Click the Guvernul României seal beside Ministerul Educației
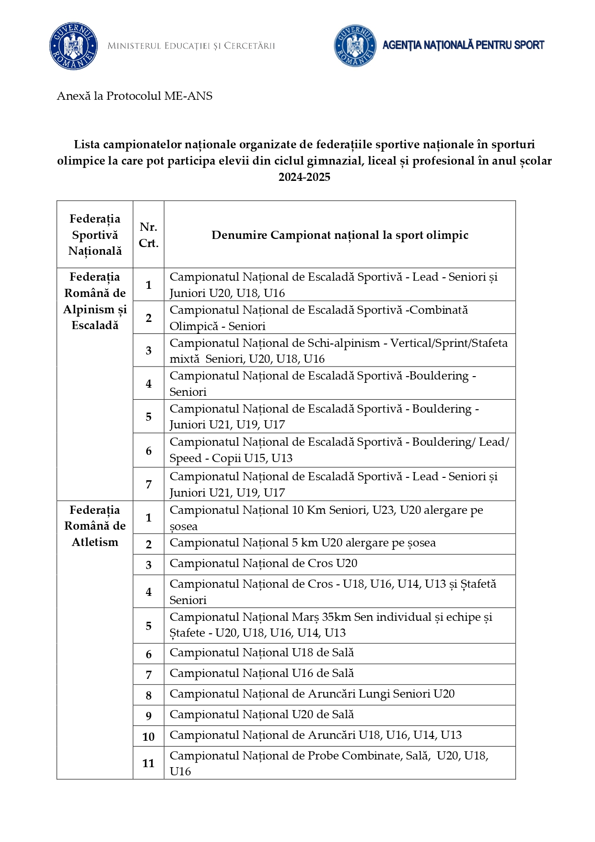(x=73, y=46)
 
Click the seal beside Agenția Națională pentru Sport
(x=355, y=46)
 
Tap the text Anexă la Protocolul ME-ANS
(x=135, y=96)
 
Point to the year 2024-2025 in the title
(x=304, y=177)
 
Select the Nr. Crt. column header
(x=149, y=235)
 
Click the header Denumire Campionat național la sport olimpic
(x=339, y=235)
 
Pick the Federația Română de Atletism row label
(x=95, y=526)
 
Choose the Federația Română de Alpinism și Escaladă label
(x=95, y=301)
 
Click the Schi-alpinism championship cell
(x=338, y=351)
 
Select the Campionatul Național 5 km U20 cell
(x=303, y=543)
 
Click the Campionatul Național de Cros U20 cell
(x=263, y=564)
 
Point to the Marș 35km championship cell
(x=331, y=625)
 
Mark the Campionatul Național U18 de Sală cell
(x=262, y=653)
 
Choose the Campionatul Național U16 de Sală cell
(x=262, y=674)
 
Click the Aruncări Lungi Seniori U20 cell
(x=312, y=694)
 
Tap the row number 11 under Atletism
(x=149, y=763)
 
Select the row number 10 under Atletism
(x=149, y=737)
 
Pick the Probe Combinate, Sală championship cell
(x=329, y=763)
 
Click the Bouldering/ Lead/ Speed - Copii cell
(x=338, y=450)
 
